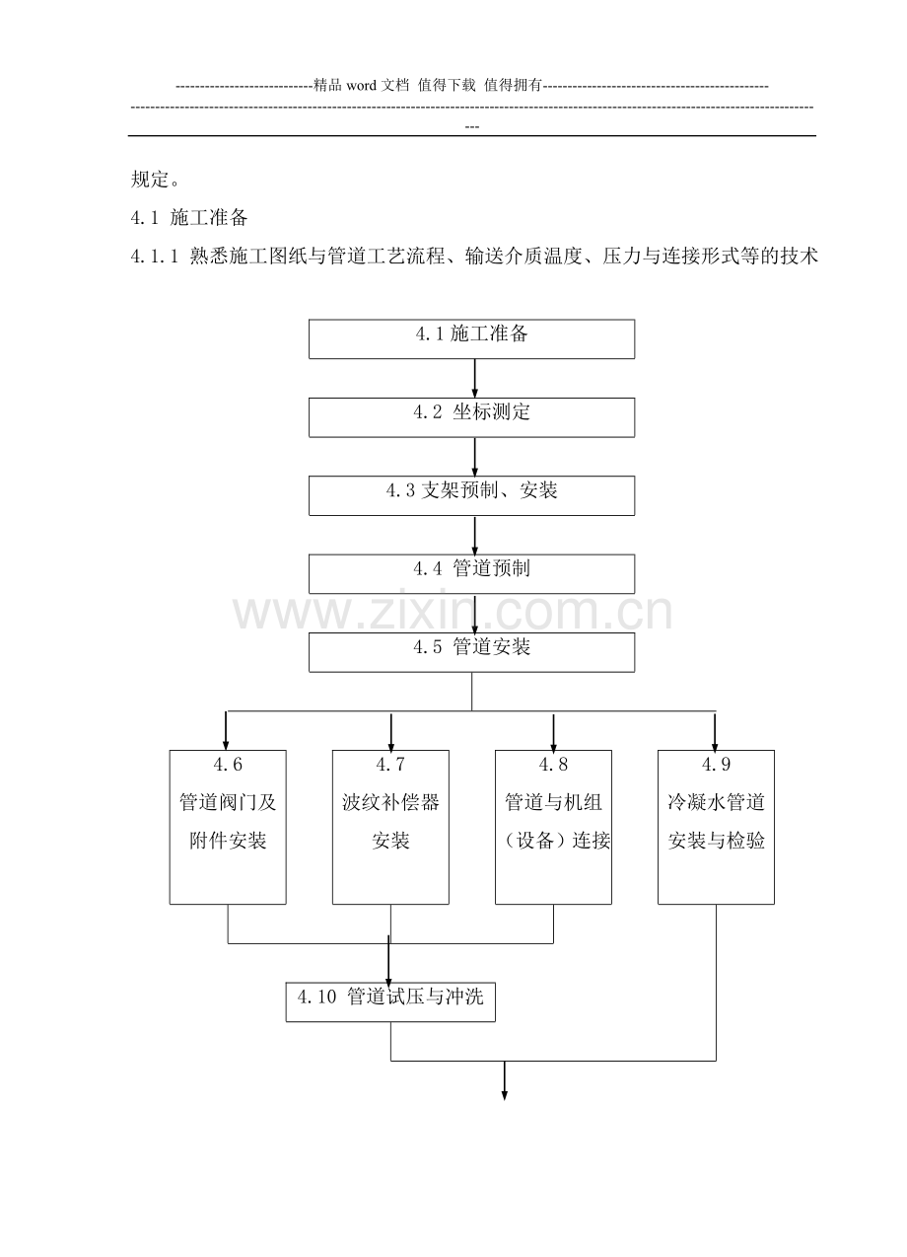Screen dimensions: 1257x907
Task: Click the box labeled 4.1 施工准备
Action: coord(471,338)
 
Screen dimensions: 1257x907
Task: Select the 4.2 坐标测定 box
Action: coord(471,416)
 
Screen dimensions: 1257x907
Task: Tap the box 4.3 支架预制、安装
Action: coord(471,495)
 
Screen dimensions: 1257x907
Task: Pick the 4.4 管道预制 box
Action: coord(471,573)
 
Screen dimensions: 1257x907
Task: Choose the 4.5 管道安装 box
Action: coord(471,652)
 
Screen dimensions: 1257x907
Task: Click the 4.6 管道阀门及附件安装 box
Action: coord(228,827)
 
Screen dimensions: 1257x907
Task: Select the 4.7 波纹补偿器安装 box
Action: coord(390,827)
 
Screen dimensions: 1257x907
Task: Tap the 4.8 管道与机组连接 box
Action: coord(553,827)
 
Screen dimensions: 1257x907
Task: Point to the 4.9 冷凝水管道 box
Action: coord(716,827)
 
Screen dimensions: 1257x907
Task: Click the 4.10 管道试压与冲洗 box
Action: coord(390,1002)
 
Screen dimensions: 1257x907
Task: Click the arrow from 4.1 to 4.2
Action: coord(475,379)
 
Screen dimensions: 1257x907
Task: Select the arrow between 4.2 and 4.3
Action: coord(475,457)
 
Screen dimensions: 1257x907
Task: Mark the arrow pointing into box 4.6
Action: coord(227,731)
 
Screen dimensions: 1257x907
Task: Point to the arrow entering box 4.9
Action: coord(715,731)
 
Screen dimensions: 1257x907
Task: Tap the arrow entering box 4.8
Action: coord(553,731)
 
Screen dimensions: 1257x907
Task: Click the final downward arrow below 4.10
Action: coord(505,1081)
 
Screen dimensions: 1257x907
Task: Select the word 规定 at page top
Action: coord(149,180)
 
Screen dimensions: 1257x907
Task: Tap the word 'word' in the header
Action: coord(362,86)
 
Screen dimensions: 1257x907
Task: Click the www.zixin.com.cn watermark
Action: coord(453,613)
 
